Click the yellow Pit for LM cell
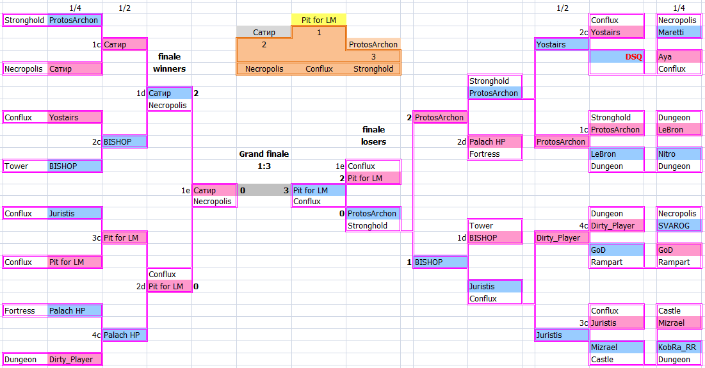pos(319,20)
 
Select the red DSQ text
pos(633,56)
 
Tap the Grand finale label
pos(264,154)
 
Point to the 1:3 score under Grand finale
pos(264,166)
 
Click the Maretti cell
pos(679,32)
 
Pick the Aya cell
pos(679,56)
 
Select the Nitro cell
pos(679,154)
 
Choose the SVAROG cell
pos(679,225)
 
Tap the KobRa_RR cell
pos(679,347)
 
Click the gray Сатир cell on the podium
pos(264,32)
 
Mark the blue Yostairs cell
pos(562,44)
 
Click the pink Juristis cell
pos(617,323)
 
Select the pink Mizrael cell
pos(679,323)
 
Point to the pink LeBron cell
pos(679,129)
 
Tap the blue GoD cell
pos(617,250)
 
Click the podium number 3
pos(373,56)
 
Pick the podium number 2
pos(264,45)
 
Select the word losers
pos(373,141)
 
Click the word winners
pos(169,68)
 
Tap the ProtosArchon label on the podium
pos(373,45)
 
